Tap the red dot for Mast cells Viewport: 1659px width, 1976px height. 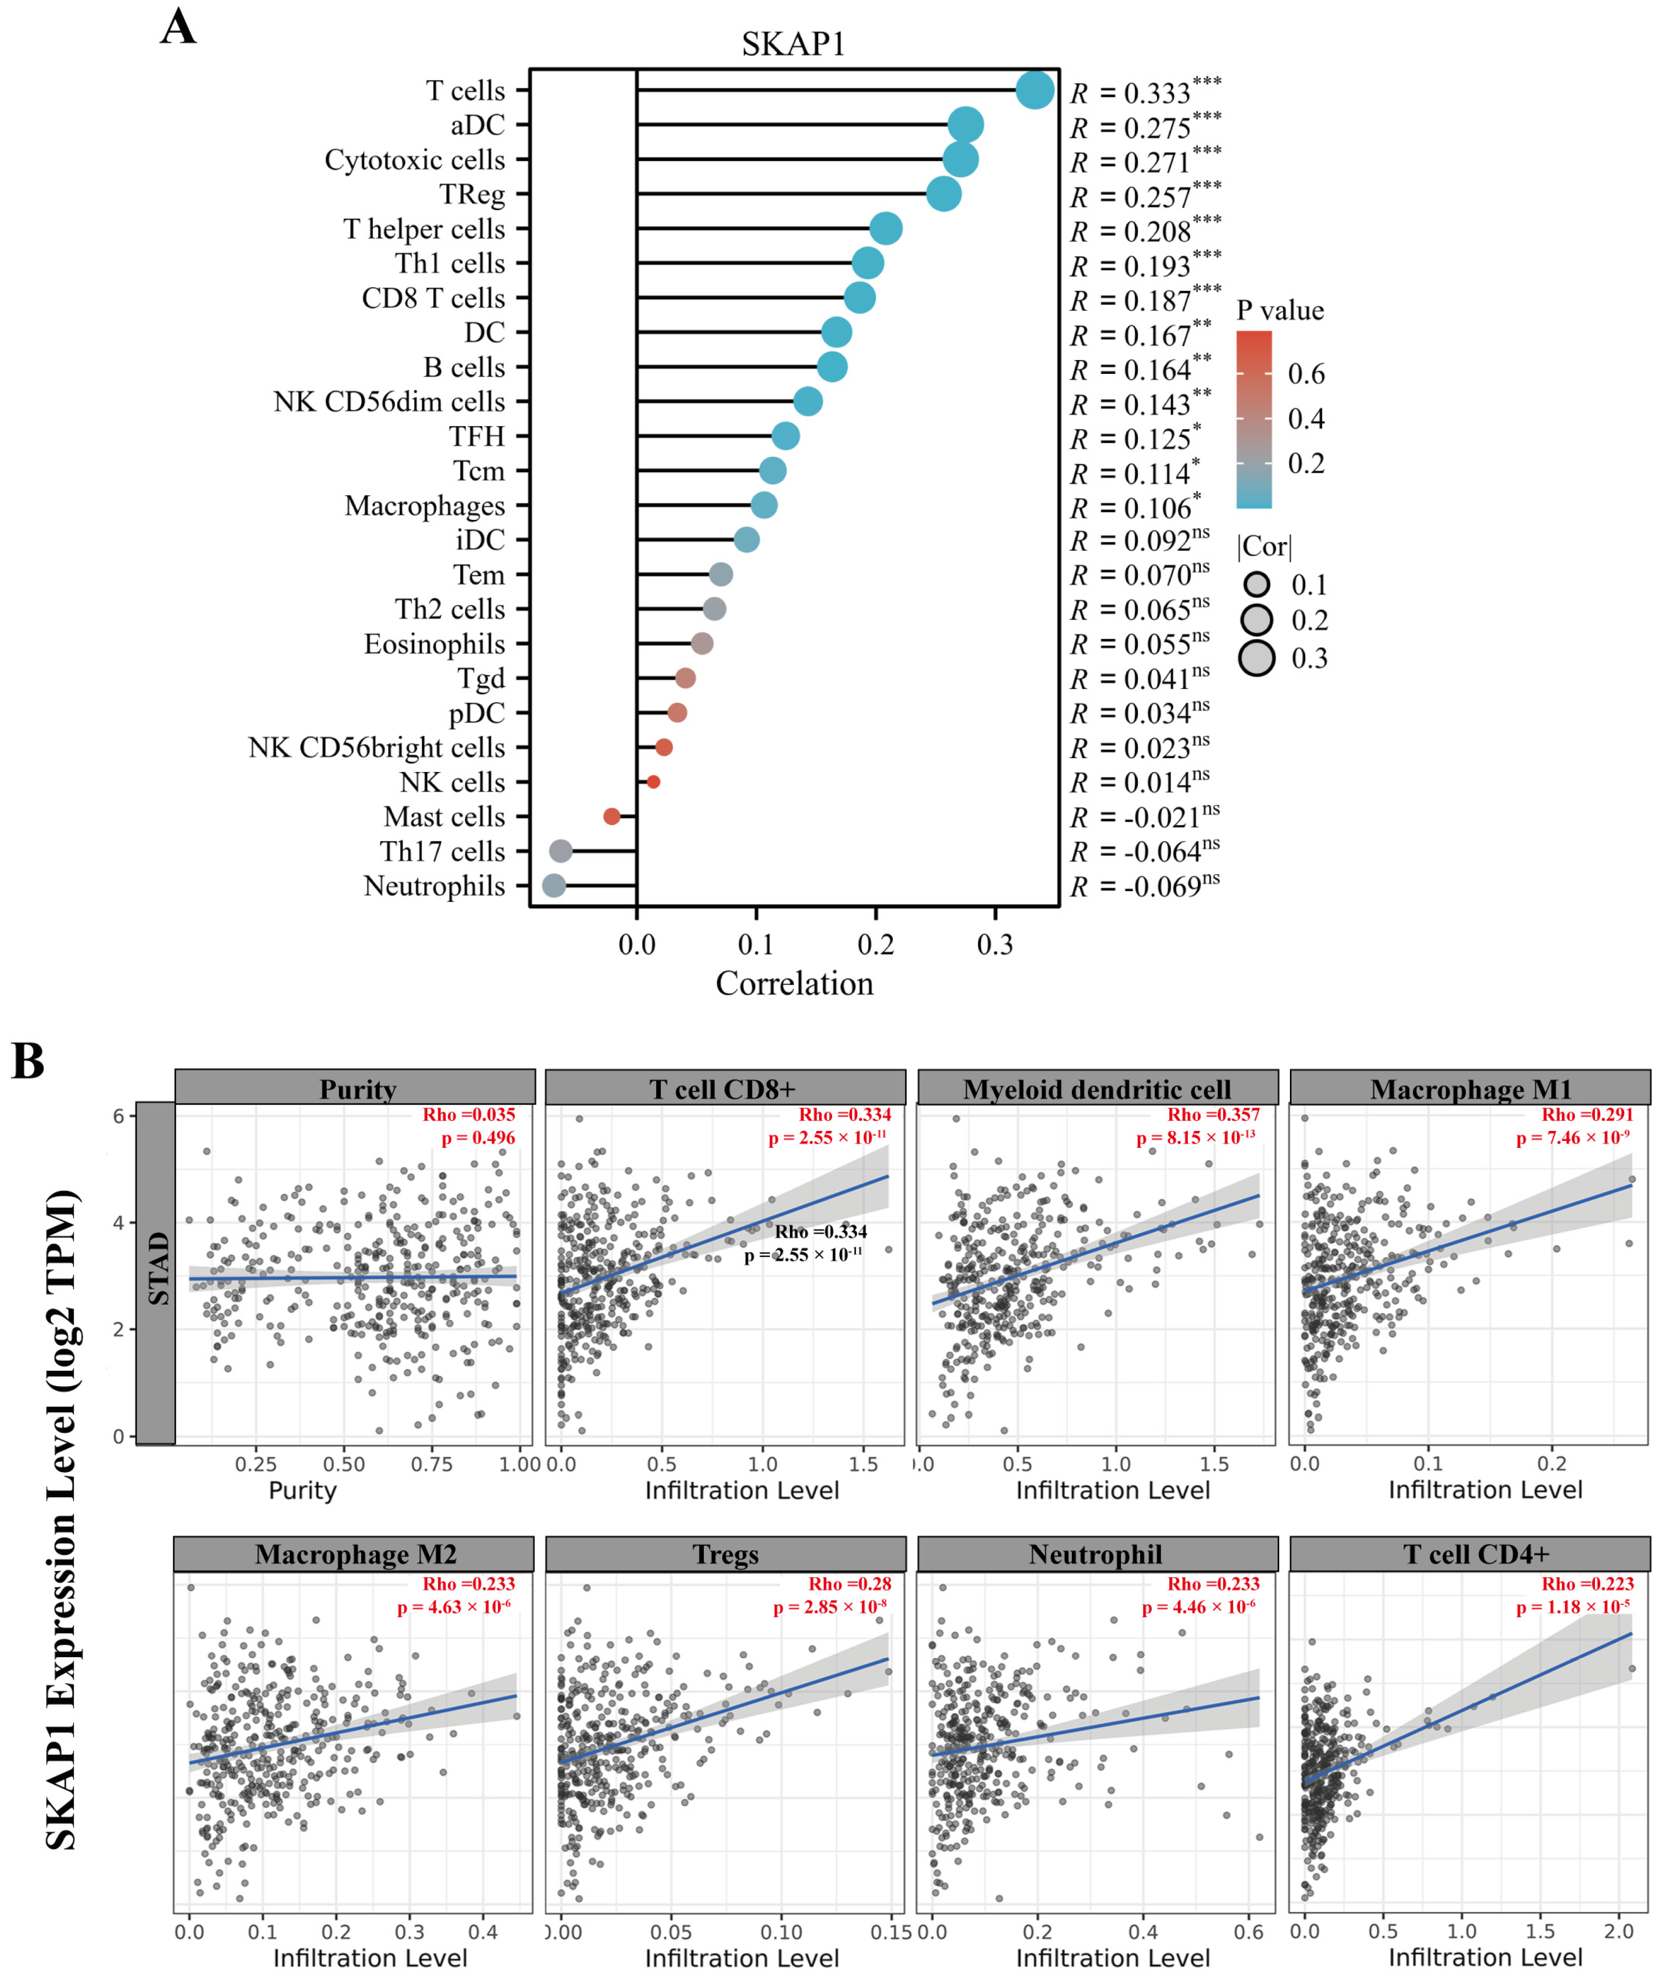tap(612, 816)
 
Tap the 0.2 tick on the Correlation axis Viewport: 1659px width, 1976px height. tap(875, 944)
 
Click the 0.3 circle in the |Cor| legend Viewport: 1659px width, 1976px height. tap(1256, 658)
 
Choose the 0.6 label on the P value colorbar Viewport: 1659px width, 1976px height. tap(1306, 374)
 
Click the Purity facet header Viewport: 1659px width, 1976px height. tap(357, 1089)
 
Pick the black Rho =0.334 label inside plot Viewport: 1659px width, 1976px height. tap(821, 1232)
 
